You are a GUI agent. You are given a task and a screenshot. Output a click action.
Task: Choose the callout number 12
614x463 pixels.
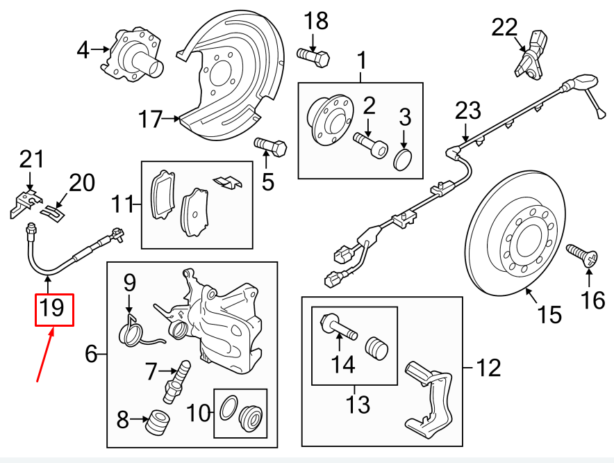click(x=488, y=367)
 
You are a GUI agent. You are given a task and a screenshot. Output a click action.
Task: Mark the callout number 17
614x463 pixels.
click(x=150, y=120)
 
